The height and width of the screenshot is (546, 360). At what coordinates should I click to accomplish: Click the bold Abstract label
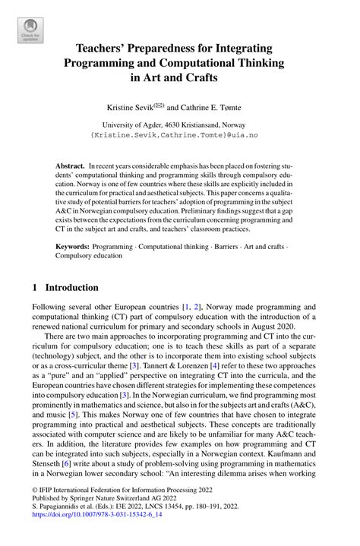[71, 165]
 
